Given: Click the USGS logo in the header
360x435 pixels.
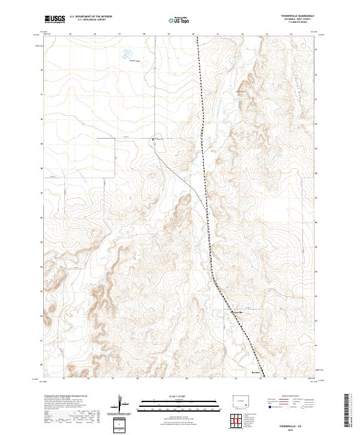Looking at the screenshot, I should [55, 19].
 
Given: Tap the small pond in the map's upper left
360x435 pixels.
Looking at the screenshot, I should [128, 52].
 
